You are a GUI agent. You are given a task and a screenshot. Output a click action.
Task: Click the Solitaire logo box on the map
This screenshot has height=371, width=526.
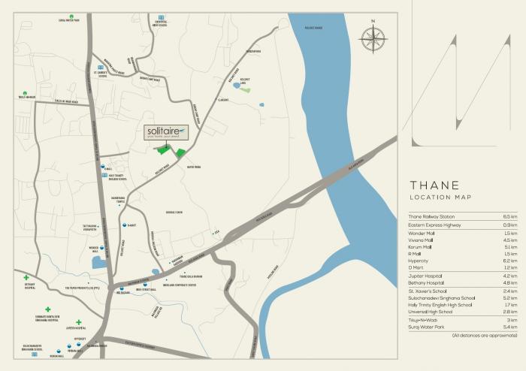tap(165, 134)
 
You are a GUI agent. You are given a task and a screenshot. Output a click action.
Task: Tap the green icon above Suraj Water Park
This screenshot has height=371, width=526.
tap(71, 17)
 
